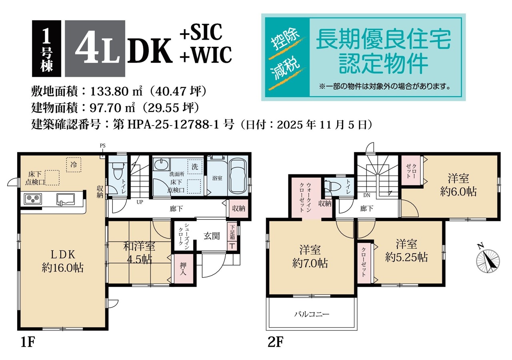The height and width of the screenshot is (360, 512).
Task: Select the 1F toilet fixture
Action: (118, 170)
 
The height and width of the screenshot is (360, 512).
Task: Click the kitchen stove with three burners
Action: (33, 199)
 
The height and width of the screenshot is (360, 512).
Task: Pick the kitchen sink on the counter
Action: (66, 199)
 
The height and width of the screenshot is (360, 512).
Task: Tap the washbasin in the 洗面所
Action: (161, 164)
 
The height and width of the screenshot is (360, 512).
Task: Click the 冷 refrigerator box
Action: (74, 164)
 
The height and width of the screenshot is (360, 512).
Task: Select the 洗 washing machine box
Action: (195, 167)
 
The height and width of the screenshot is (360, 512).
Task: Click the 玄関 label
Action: (212, 236)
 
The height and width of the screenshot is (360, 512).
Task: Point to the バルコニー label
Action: (312, 314)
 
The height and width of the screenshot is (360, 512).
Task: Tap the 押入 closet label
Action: (183, 269)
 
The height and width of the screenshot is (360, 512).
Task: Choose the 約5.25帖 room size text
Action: (406, 258)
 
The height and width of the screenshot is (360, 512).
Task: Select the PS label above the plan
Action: (103, 146)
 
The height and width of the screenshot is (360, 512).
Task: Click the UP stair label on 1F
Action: (140, 202)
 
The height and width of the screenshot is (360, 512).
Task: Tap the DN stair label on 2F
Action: (367, 196)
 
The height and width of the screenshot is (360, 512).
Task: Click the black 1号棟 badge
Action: (47, 48)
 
